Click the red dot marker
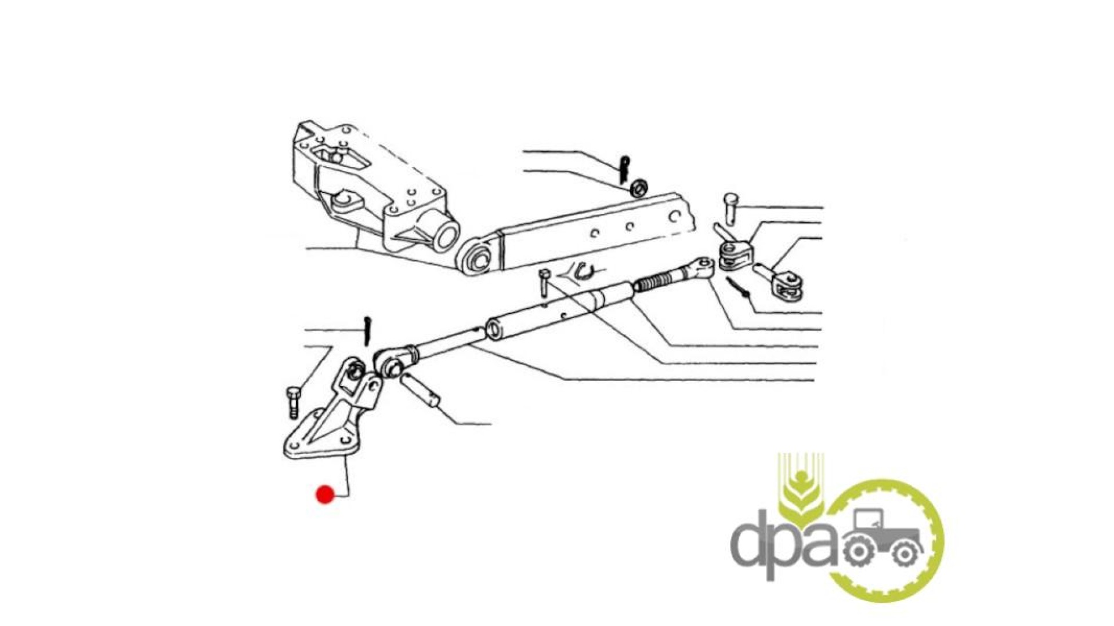[325, 494]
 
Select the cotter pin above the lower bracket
[367, 330]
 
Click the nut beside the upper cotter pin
[639, 188]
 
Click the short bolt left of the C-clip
[544, 283]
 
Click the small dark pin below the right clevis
[737, 288]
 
